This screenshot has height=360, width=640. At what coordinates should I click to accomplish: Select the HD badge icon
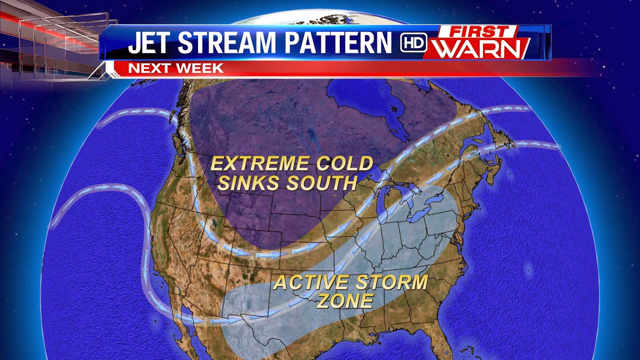[x=413, y=43]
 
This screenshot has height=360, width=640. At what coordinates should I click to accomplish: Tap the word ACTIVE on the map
[x=311, y=283]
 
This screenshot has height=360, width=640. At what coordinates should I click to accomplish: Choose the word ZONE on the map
[x=345, y=301]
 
